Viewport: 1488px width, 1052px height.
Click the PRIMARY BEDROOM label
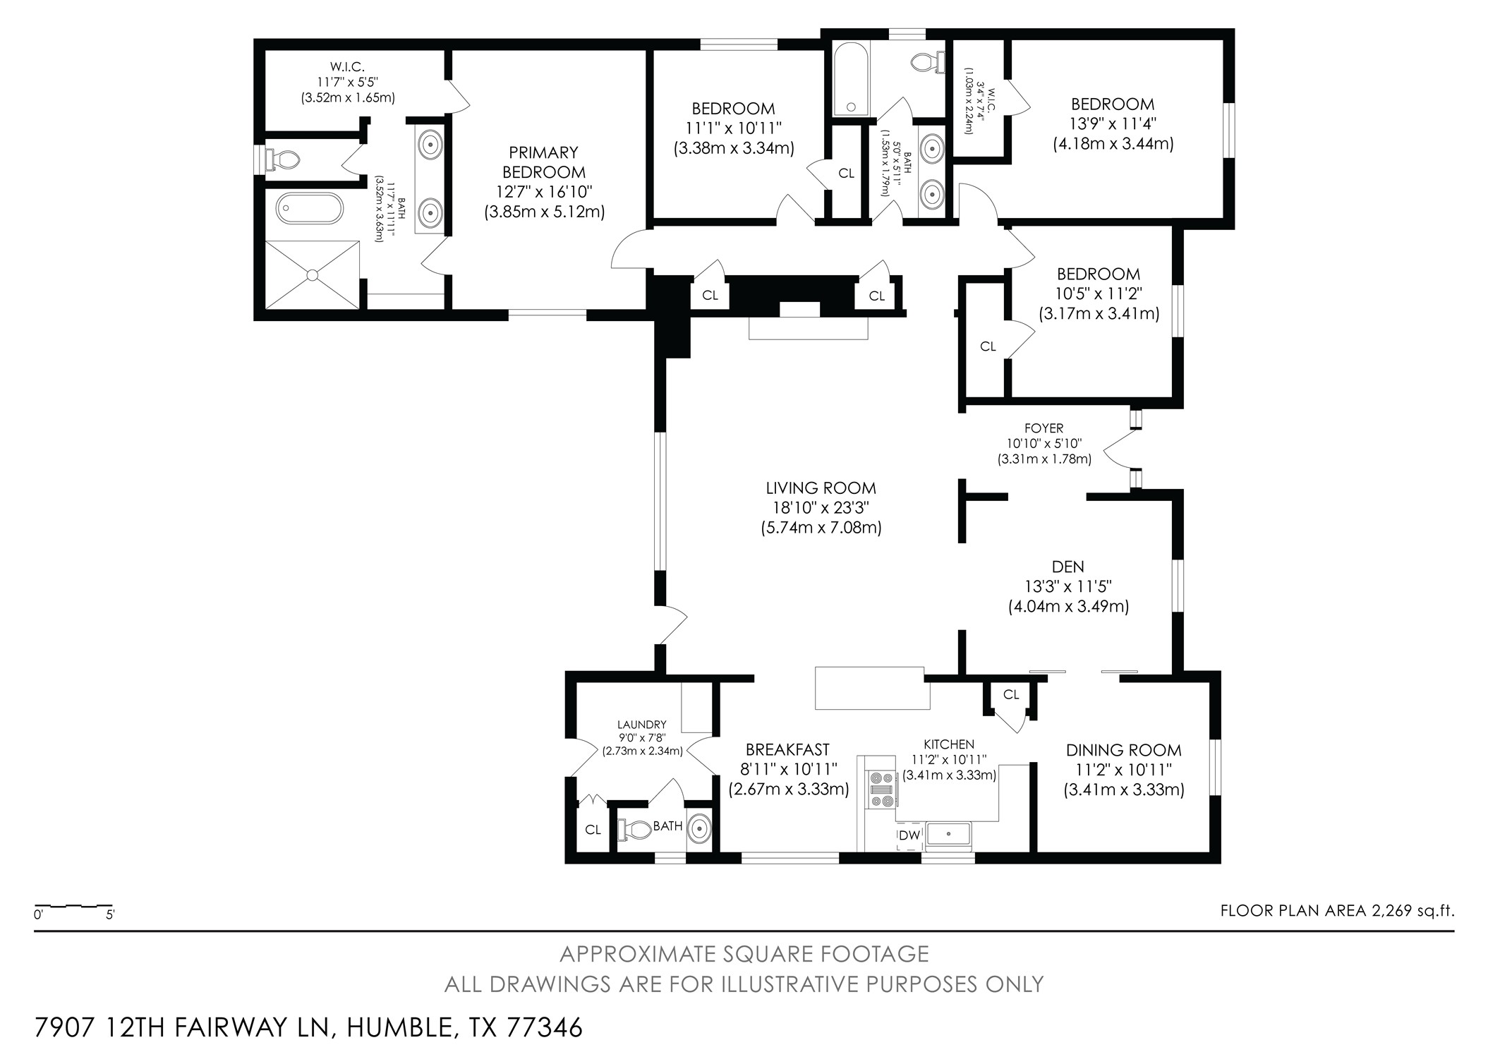pos(543,162)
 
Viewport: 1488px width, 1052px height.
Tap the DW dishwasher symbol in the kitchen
pos(909,835)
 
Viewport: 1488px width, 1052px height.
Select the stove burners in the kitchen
pos(881,790)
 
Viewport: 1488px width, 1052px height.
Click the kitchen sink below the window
pos(949,835)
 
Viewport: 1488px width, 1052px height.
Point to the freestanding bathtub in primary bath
pos(310,209)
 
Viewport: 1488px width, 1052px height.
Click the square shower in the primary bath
pos(313,274)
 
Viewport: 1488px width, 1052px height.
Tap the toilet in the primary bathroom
pos(283,159)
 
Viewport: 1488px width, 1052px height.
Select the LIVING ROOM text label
pos(821,488)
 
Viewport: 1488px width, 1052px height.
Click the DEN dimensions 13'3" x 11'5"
pos(1068,586)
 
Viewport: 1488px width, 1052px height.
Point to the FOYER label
pos(1044,428)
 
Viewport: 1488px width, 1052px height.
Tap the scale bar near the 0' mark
pos(42,906)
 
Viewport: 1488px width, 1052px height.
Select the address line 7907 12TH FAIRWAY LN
pos(308,1027)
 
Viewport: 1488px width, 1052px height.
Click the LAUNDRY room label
pos(641,725)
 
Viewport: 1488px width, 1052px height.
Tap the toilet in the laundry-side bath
pos(635,830)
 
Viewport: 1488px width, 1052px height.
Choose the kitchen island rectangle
pos(871,688)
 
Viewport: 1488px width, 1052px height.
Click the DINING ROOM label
pos(1123,750)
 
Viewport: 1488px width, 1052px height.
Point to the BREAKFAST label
pos(787,749)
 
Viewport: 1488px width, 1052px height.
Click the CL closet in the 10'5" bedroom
pos(987,346)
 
